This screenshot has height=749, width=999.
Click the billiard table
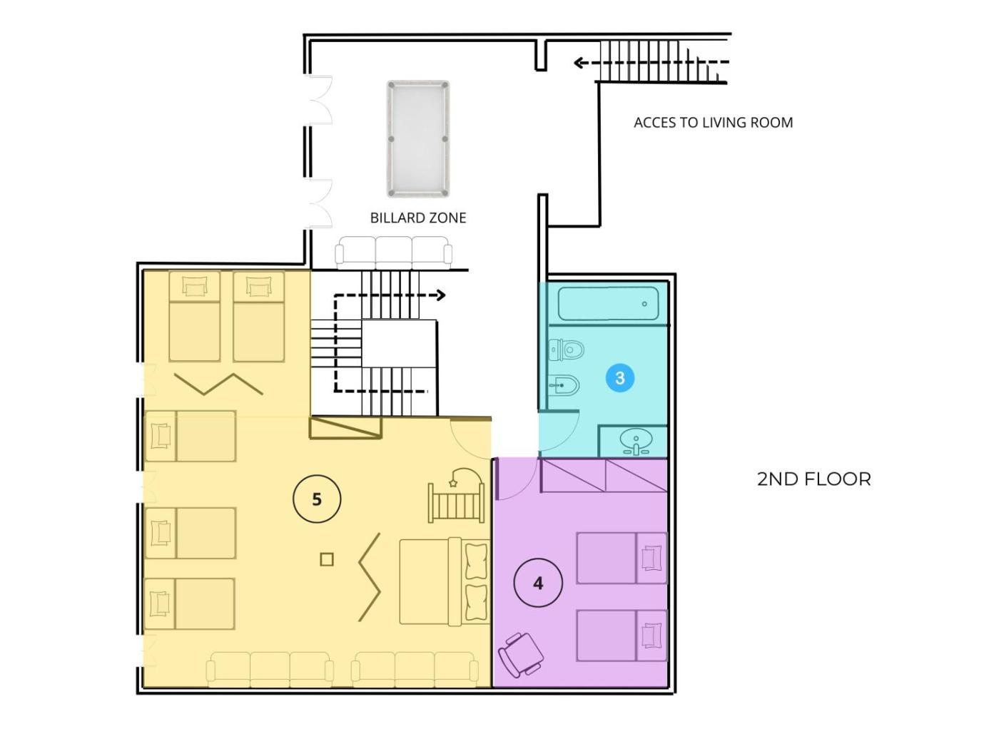[x=418, y=138]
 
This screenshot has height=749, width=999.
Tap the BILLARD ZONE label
[x=418, y=218]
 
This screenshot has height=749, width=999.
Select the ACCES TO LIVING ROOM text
[x=713, y=122]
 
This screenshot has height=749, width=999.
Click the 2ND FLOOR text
[x=813, y=479]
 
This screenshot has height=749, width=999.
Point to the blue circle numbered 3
[x=619, y=377]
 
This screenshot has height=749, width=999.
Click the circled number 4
[x=538, y=583]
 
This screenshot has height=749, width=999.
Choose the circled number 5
[x=317, y=499]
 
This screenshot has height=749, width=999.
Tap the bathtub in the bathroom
[x=608, y=303]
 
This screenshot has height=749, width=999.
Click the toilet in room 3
[x=567, y=350]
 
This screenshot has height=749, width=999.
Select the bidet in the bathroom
[x=564, y=386]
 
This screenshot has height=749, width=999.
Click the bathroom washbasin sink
[x=636, y=442]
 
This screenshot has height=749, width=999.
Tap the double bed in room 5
[x=445, y=581]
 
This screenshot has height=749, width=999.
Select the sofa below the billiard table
[x=394, y=253]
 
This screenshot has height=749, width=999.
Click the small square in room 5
[x=326, y=559]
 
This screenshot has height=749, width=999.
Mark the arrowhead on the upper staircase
[x=578, y=62]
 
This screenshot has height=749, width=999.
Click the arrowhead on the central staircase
[x=440, y=295]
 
